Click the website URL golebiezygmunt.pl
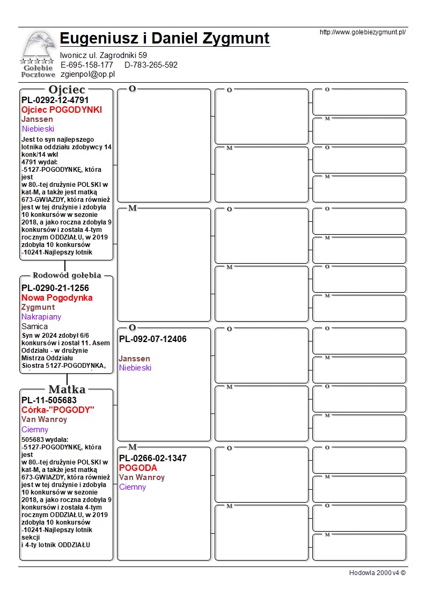(x=362, y=32)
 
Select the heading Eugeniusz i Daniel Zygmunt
(x=165, y=39)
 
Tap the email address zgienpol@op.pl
(x=87, y=75)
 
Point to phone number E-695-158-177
(x=87, y=65)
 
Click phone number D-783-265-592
(x=151, y=65)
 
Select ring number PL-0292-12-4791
(x=55, y=100)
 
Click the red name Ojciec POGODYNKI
(x=61, y=110)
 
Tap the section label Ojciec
(x=67, y=89)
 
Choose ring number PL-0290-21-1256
(x=55, y=288)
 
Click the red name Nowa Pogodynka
(x=57, y=297)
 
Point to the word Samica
(x=34, y=326)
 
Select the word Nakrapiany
(x=41, y=317)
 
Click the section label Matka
(x=67, y=389)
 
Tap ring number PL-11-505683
(x=49, y=400)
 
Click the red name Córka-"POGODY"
(x=58, y=410)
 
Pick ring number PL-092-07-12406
(x=153, y=339)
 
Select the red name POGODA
(x=138, y=468)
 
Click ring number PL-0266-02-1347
(x=153, y=458)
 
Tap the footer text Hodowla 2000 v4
(x=377, y=573)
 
